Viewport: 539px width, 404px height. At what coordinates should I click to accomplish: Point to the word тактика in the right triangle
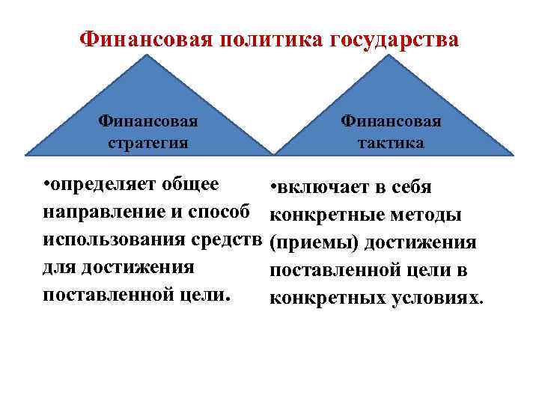(391, 143)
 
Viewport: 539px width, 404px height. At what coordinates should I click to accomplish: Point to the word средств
(225, 239)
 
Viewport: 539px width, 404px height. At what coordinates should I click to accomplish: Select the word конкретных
(318, 299)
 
